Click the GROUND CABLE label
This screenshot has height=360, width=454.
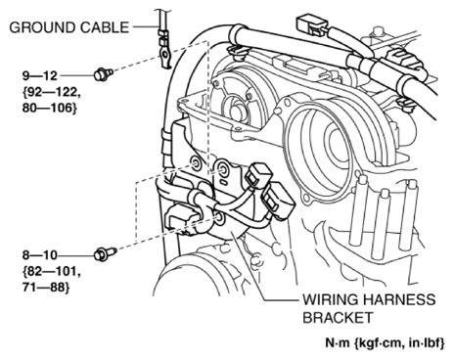tap(69, 27)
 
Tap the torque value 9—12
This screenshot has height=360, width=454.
tap(40, 75)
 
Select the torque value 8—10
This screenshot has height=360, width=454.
tap(40, 255)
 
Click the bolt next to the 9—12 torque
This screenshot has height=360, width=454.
tap(103, 73)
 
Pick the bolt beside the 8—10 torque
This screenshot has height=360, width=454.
tap(105, 253)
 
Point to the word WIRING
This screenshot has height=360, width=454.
tap(330, 299)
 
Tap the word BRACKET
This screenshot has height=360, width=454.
tap(338, 317)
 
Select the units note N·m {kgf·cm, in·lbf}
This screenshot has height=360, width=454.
tap(385, 342)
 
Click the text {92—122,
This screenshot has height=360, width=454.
tap(51, 92)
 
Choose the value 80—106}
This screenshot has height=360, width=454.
tap(50, 108)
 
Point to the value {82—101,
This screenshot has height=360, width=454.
tap(51, 271)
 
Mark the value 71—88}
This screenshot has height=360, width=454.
tap(46, 288)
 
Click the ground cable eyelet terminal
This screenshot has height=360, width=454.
tap(164, 54)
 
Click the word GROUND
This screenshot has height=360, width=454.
tap(42, 27)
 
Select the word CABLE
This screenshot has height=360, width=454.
tap(105, 27)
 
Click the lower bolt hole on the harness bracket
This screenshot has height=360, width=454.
tap(219, 218)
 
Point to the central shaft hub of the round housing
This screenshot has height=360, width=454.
tap(237, 112)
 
